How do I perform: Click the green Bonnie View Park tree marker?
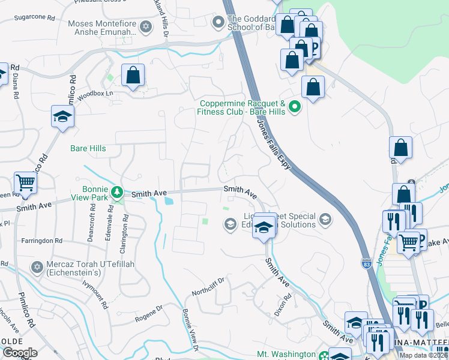119,192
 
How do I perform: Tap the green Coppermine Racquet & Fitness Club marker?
294,107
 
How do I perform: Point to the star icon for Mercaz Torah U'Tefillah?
36,266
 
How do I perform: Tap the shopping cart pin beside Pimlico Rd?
25,183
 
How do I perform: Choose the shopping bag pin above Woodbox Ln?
133,76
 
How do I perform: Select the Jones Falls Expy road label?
273,143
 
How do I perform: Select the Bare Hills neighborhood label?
88,148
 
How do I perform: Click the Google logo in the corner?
20,353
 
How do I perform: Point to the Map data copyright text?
423,355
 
